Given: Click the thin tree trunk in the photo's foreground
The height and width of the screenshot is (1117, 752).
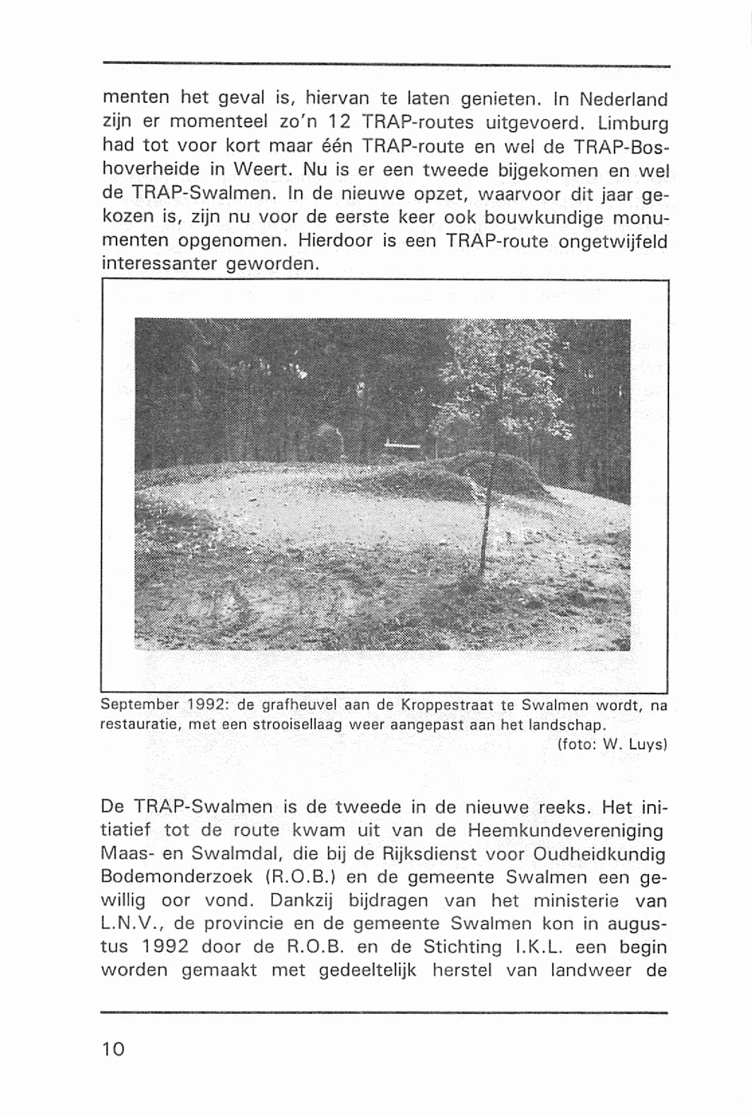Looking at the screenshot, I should [489, 511].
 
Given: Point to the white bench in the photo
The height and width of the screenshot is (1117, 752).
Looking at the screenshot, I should [404, 446].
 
